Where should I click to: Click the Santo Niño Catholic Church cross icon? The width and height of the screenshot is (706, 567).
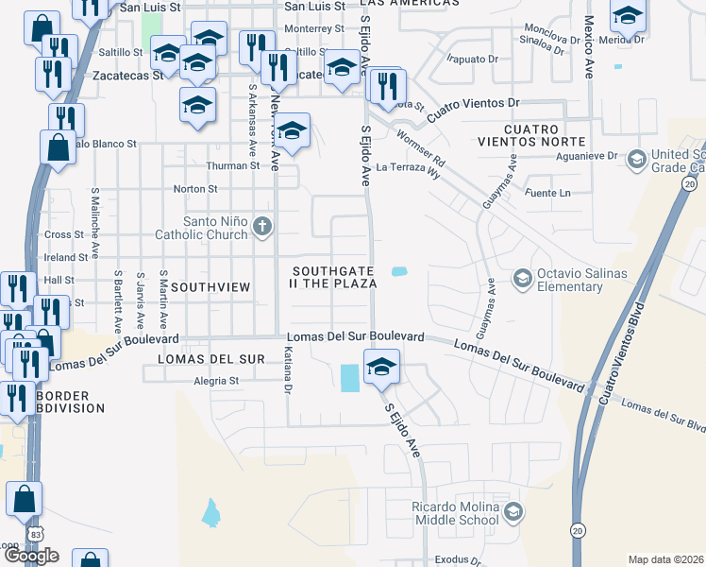pyautogui.click(x=262, y=227)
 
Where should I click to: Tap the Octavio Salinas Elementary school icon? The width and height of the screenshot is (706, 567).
pyautogui.click(x=521, y=278)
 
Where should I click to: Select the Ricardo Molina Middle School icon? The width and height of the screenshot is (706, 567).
pyautogui.click(x=513, y=512)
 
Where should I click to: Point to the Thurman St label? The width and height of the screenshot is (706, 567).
pyautogui.click(x=233, y=165)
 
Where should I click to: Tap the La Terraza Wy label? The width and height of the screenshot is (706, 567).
pyautogui.click(x=408, y=166)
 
